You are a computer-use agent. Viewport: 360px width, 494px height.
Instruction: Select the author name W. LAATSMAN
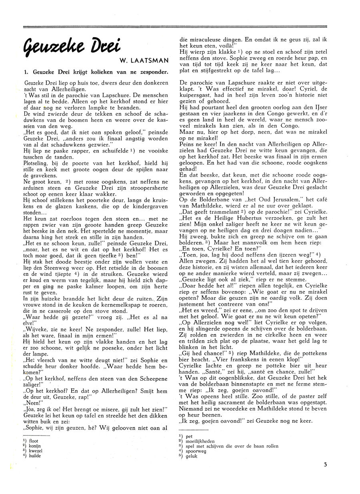tap(144, 61)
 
